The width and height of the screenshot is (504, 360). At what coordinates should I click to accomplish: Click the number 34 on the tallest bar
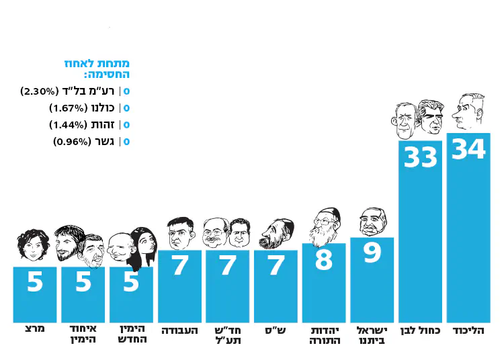[x=468, y=149]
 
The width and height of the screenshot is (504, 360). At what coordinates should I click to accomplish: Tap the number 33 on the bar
[x=421, y=157]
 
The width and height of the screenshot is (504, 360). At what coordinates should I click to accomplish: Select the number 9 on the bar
[x=372, y=254]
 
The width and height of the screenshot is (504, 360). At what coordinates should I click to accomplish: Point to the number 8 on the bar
[x=324, y=260]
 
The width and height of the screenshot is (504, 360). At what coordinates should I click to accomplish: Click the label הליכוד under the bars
[x=468, y=330]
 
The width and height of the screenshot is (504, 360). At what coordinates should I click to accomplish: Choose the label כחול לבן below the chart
[x=421, y=330]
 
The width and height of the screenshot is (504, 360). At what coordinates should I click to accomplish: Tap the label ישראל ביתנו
[x=372, y=335]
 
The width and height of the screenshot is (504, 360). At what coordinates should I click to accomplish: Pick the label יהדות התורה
[x=324, y=335]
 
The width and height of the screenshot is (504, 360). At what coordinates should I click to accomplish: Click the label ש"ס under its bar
[x=276, y=330]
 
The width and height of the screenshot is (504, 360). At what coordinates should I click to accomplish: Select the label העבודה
[x=180, y=330]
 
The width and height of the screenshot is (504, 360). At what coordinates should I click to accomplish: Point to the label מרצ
[x=35, y=330]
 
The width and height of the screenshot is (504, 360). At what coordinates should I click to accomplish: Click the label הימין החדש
[x=132, y=335]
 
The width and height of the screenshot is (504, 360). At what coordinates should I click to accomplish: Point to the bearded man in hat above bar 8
[x=324, y=226]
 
